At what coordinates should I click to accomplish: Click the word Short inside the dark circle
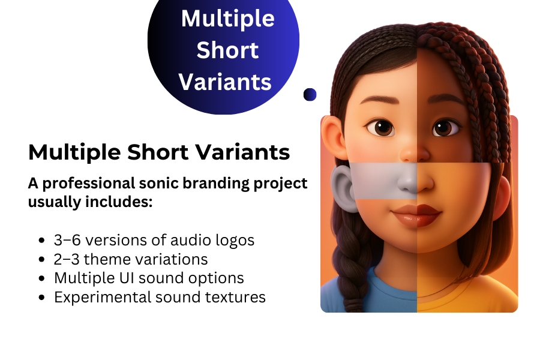tap(227, 50)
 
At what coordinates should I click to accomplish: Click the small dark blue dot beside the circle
tap(310, 94)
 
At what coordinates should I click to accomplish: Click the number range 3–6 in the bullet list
tap(66, 241)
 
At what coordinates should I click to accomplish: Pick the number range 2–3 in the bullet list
tap(66, 260)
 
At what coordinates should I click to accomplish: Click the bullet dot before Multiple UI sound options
tap(41, 279)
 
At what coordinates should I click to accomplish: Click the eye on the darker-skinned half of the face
tap(445, 127)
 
